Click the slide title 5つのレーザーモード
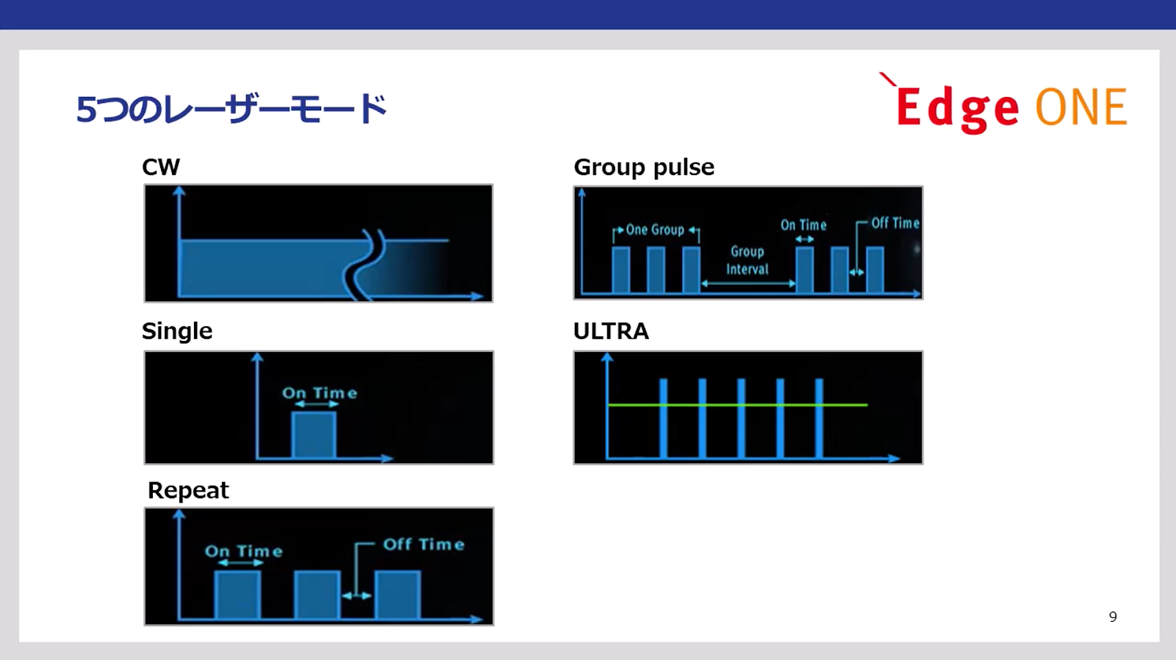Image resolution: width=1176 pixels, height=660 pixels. coord(232,109)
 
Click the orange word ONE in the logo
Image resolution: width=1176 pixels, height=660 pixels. coord(1081,107)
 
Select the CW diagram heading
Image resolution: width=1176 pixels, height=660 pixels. coord(161,167)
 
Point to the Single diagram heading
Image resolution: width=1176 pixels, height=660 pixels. coord(177,331)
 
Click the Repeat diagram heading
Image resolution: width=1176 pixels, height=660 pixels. coord(188,490)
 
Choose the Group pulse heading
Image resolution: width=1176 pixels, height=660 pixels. coord(644,168)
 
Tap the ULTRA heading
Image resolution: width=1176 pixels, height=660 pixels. coord(611,331)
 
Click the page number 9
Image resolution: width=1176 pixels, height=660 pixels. coord(1113,617)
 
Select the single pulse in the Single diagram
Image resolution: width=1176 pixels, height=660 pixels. coord(313,435)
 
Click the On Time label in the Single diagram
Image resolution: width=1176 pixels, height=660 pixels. coord(319,392)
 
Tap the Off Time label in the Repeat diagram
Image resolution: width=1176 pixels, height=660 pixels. coord(423,544)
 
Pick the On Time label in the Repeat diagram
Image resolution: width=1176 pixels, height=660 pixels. coord(243,550)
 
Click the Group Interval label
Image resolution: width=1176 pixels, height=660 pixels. coord(747,260)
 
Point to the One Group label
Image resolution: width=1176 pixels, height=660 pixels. coord(655,230)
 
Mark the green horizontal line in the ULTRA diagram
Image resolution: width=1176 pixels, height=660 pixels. coord(738,405)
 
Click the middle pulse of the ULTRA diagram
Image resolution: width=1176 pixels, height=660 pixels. coord(741,418)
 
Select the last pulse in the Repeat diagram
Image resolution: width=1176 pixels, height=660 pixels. coord(398,595)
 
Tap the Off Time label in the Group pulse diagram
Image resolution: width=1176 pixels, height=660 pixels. coord(895,223)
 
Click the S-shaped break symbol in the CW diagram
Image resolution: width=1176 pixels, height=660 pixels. coord(364,265)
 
